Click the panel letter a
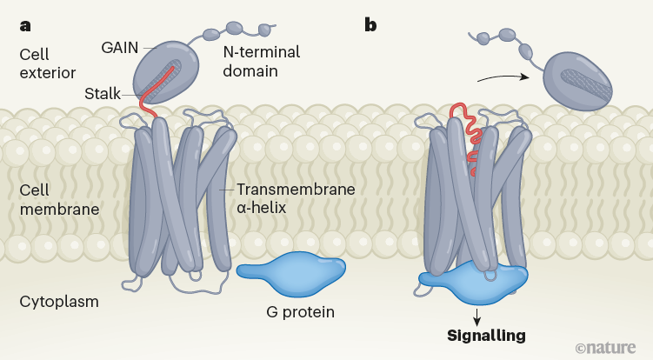point(25,25)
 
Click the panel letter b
point(371,25)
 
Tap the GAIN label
point(119,47)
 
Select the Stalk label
point(103,93)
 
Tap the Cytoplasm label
point(58,302)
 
